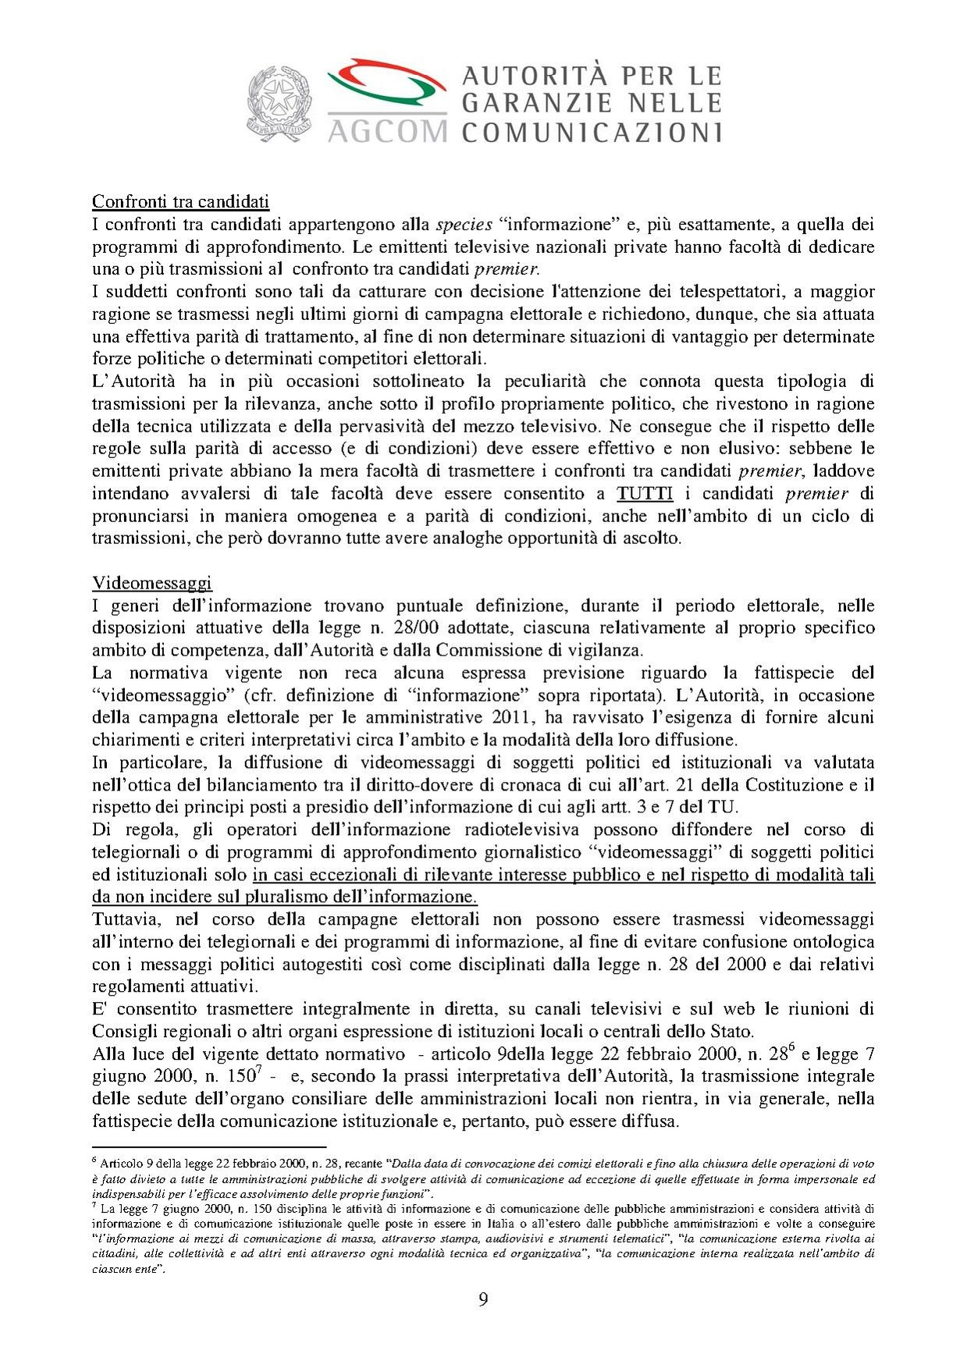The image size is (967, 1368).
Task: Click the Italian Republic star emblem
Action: pyautogui.click(x=279, y=103)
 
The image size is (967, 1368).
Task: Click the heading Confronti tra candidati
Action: pyautogui.click(x=180, y=201)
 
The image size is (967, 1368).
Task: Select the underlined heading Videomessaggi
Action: pyautogui.click(x=152, y=583)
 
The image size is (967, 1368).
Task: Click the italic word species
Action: pyautogui.click(x=464, y=225)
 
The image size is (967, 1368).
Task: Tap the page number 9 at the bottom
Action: pyautogui.click(x=483, y=1300)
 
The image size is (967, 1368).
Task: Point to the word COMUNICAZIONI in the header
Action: pyautogui.click(x=592, y=132)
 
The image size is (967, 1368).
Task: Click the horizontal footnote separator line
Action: pyautogui.click(x=208, y=1147)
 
